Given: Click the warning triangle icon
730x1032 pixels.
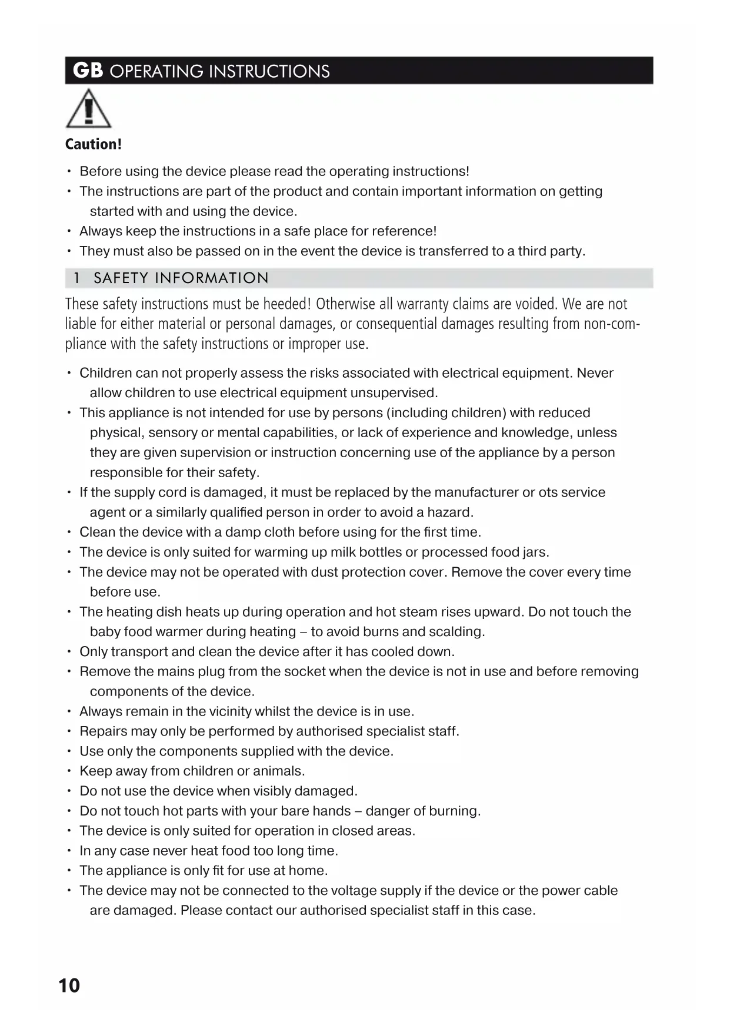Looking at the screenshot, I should pos(88,109).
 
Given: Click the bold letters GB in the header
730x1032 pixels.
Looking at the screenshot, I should pos(88,71).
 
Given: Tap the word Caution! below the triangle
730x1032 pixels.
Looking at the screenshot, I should pos(93,144).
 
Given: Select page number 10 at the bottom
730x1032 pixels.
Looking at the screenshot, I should pos(69,986).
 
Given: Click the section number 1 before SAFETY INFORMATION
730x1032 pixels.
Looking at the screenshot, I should pos(76,278).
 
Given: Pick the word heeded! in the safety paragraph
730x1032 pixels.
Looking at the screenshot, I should pos(286,304).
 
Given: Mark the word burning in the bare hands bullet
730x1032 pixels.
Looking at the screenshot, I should pos(454,811).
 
